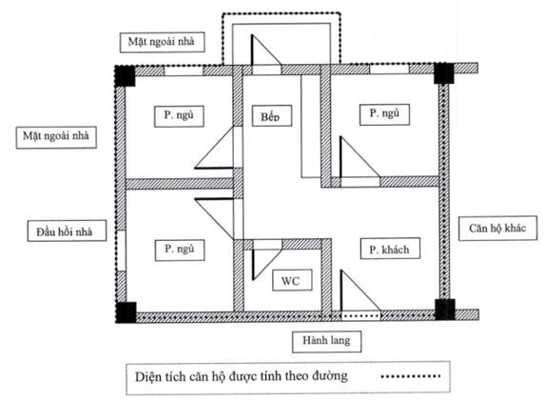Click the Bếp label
click(x=272, y=116)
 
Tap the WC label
click(x=292, y=280)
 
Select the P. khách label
click(x=390, y=249)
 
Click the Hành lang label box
click(x=326, y=341)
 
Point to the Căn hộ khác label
click(x=497, y=229)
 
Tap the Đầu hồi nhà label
click(x=67, y=231)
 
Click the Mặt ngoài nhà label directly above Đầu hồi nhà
click(x=56, y=137)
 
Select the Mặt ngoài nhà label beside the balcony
click(x=162, y=42)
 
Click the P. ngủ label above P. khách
click(x=384, y=114)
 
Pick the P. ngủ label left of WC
click(x=180, y=250)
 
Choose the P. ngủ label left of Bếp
click(x=179, y=116)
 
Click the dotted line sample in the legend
click(x=411, y=375)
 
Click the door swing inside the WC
click(x=265, y=260)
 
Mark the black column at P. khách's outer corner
click(x=445, y=310)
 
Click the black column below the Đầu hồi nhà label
click(x=126, y=312)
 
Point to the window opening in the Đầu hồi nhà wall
click(x=121, y=251)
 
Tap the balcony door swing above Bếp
click(x=266, y=50)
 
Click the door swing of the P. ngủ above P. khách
click(x=359, y=158)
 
